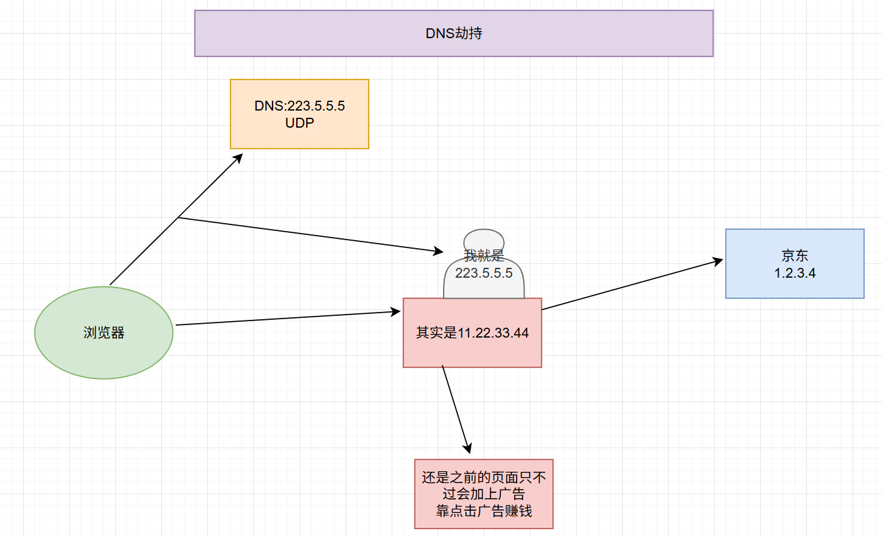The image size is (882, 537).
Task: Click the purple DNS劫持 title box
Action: click(454, 33)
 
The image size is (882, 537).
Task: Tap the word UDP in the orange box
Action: click(299, 122)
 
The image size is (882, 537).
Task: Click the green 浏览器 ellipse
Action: click(103, 332)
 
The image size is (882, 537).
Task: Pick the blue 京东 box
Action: click(794, 263)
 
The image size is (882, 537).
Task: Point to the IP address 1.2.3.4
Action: click(795, 272)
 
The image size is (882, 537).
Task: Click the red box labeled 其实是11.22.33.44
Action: click(472, 332)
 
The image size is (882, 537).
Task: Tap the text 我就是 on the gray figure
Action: click(484, 256)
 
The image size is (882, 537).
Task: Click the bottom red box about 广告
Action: click(484, 494)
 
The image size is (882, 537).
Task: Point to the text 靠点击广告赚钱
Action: click(484, 511)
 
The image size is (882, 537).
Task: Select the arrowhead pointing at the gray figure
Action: click(439, 251)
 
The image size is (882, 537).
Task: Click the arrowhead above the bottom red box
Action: click(468, 449)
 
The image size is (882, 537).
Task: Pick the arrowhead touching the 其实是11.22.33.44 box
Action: click(397, 311)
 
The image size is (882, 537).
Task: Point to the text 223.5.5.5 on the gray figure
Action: click(484, 272)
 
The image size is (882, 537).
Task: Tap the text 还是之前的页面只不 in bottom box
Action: click(484, 477)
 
